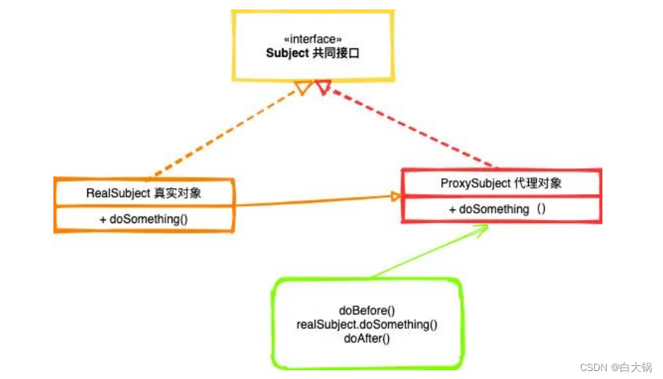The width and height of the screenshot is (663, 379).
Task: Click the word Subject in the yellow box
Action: click(287, 53)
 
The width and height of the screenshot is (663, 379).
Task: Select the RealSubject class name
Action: click(118, 193)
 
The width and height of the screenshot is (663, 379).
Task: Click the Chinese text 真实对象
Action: click(178, 193)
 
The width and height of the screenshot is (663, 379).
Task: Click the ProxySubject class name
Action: click(473, 183)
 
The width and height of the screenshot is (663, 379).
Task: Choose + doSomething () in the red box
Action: click(497, 209)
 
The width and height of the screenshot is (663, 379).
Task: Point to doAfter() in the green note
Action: click(366, 338)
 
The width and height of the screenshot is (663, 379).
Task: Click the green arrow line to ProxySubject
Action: click(426, 252)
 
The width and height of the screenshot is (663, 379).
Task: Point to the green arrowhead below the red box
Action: click(481, 229)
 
